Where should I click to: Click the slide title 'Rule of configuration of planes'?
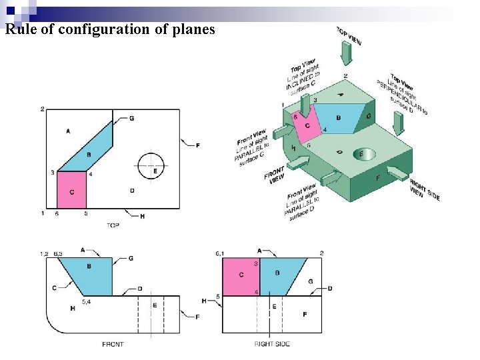point(110,29)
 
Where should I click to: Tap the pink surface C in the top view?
point(72,191)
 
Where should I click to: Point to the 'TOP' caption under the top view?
point(113,225)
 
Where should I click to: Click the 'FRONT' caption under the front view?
point(113,344)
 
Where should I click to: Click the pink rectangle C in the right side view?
point(241,276)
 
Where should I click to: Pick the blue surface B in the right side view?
point(279,276)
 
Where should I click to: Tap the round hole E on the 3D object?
point(361,154)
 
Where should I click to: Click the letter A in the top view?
point(68,131)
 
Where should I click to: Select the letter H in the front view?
point(72,307)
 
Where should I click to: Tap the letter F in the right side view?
point(305,313)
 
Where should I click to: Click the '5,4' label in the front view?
point(87,301)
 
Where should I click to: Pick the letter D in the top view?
point(132,191)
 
